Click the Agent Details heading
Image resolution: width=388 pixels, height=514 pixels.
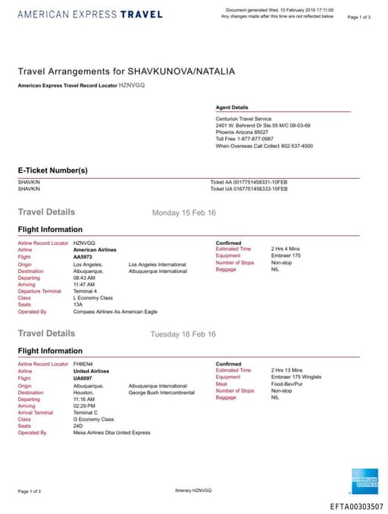(x=232, y=108)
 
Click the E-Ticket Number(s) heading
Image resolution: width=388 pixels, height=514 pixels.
(x=53, y=171)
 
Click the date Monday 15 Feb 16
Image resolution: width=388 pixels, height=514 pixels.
(x=184, y=213)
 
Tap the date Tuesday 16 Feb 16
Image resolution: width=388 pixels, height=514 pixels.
(x=183, y=334)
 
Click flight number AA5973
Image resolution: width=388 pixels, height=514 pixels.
(x=83, y=256)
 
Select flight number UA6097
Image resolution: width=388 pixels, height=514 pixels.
(x=83, y=378)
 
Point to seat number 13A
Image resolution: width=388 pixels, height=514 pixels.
(x=78, y=305)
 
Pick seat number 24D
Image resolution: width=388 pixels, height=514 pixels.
(x=78, y=426)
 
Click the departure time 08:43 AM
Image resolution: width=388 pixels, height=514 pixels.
(x=84, y=277)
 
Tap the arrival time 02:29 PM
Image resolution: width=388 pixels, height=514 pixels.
(x=84, y=406)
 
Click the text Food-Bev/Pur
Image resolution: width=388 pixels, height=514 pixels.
(x=289, y=384)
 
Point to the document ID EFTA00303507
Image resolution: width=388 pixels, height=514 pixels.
(x=357, y=506)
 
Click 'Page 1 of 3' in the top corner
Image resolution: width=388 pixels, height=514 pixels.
(x=358, y=17)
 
